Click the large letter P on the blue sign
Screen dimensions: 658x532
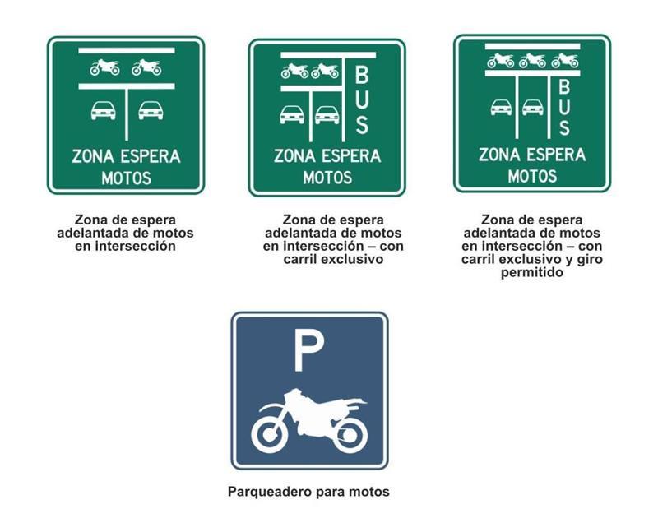click(308, 351)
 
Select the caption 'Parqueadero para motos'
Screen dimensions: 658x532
click(308, 492)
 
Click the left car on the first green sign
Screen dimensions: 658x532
click(104, 110)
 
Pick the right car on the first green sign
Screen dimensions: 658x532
click(151, 110)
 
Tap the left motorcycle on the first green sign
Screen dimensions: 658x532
click(104, 67)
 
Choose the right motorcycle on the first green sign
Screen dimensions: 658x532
click(146, 67)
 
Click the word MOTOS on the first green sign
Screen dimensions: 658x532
click(127, 178)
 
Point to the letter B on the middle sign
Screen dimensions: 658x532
click(362, 75)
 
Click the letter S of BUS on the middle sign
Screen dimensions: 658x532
click(362, 124)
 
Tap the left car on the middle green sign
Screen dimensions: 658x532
click(292, 114)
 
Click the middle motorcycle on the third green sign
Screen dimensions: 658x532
click(532, 60)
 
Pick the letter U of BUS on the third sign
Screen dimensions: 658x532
click(564, 107)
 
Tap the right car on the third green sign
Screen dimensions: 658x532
click(533, 107)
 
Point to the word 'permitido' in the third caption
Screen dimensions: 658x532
click(531, 272)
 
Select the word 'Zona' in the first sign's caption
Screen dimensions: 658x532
click(89, 220)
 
